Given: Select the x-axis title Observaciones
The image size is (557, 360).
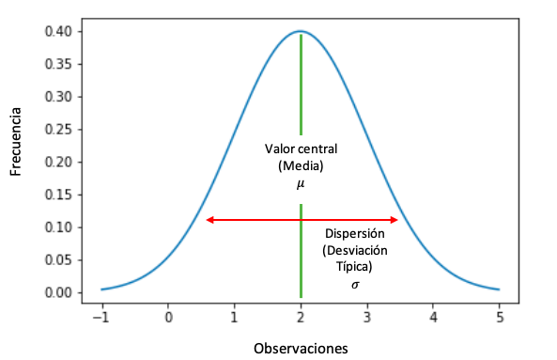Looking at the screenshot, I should tap(301, 348).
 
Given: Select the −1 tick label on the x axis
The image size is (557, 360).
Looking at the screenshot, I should tap(101, 317).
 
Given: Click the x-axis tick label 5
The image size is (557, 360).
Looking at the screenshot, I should tap(499, 317).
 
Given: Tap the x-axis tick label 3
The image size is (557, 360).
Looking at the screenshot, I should tap(366, 317).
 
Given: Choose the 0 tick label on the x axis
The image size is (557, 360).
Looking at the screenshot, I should tap(168, 317).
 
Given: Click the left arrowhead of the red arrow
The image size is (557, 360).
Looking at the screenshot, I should tap(209, 220).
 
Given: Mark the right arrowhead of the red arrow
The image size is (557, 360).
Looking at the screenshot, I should tap(395, 220).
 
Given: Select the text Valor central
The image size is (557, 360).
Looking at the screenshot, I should tap(301, 149).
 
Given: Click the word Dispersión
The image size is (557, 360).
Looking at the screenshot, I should tap(355, 234).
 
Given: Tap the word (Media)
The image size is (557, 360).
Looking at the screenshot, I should tap(301, 166).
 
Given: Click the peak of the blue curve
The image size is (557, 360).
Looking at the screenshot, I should tap(301, 31).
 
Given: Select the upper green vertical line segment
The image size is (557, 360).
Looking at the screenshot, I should tap(301, 85).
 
